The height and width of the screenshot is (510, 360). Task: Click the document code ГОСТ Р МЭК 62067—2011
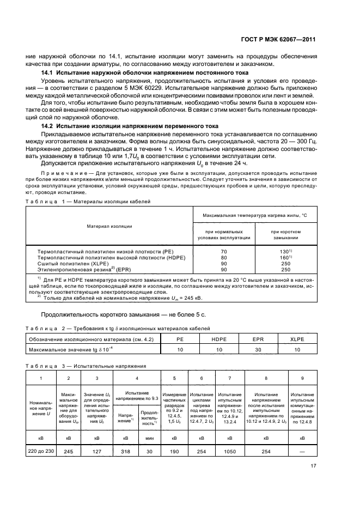tap(278, 40)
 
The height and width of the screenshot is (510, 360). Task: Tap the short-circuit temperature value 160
tap(285, 257)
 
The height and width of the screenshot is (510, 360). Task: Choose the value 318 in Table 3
tap(125, 451)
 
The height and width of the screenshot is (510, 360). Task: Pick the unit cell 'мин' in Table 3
tap(149, 436)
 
